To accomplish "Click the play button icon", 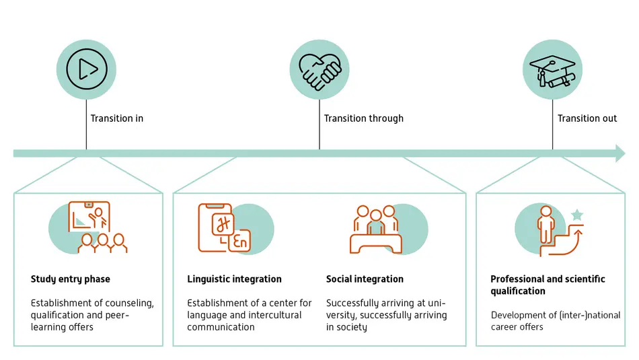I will pyautogui.click(x=86, y=69).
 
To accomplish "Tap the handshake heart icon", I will pyautogui.click(x=319, y=69).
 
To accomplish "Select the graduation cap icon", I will pyautogui.click(x=553, y=69).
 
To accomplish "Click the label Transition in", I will pyautogui.click(x=117, y=118).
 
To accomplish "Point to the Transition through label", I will pyautogui.click(x=364, y=118).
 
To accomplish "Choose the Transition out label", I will pyautogui.click(x=587, y=118).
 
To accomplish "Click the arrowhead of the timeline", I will pyautogui.click(x=619, y=153).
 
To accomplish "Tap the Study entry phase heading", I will pyautogui.click(x=71, y=279).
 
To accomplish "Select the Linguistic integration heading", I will pyautogui.click(x=234, y=279).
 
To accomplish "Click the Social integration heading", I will pyautogui.click(x=365, y=279).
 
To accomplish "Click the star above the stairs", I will pyautogui.click(x=576, y=215).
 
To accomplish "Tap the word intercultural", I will pyautogui.click(x=274, y=315).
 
